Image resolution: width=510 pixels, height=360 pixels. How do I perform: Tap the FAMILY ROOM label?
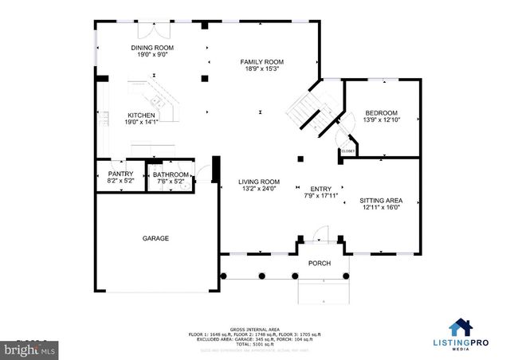coord(262,61)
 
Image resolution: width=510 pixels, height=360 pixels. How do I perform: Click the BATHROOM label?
coord(171,174)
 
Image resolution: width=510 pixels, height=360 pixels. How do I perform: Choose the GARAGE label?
coord(155,238)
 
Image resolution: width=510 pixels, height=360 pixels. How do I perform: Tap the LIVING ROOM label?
coord(260,182)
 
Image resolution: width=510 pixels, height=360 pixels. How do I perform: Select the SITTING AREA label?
coord(380,202)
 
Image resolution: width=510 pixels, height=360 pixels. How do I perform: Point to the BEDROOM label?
coord(381,112)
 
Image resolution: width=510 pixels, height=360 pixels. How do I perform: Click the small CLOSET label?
coord(348,150)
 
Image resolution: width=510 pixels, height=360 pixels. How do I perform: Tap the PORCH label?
coord(320,264)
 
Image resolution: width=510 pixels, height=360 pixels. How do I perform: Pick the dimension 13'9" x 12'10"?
coord(381,119)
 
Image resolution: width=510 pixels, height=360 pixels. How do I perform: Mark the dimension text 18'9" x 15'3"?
coord(262,68)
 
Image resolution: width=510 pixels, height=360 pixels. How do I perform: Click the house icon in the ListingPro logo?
coord(460,327)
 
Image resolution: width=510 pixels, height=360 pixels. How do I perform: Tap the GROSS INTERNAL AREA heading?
coord(254,328)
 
